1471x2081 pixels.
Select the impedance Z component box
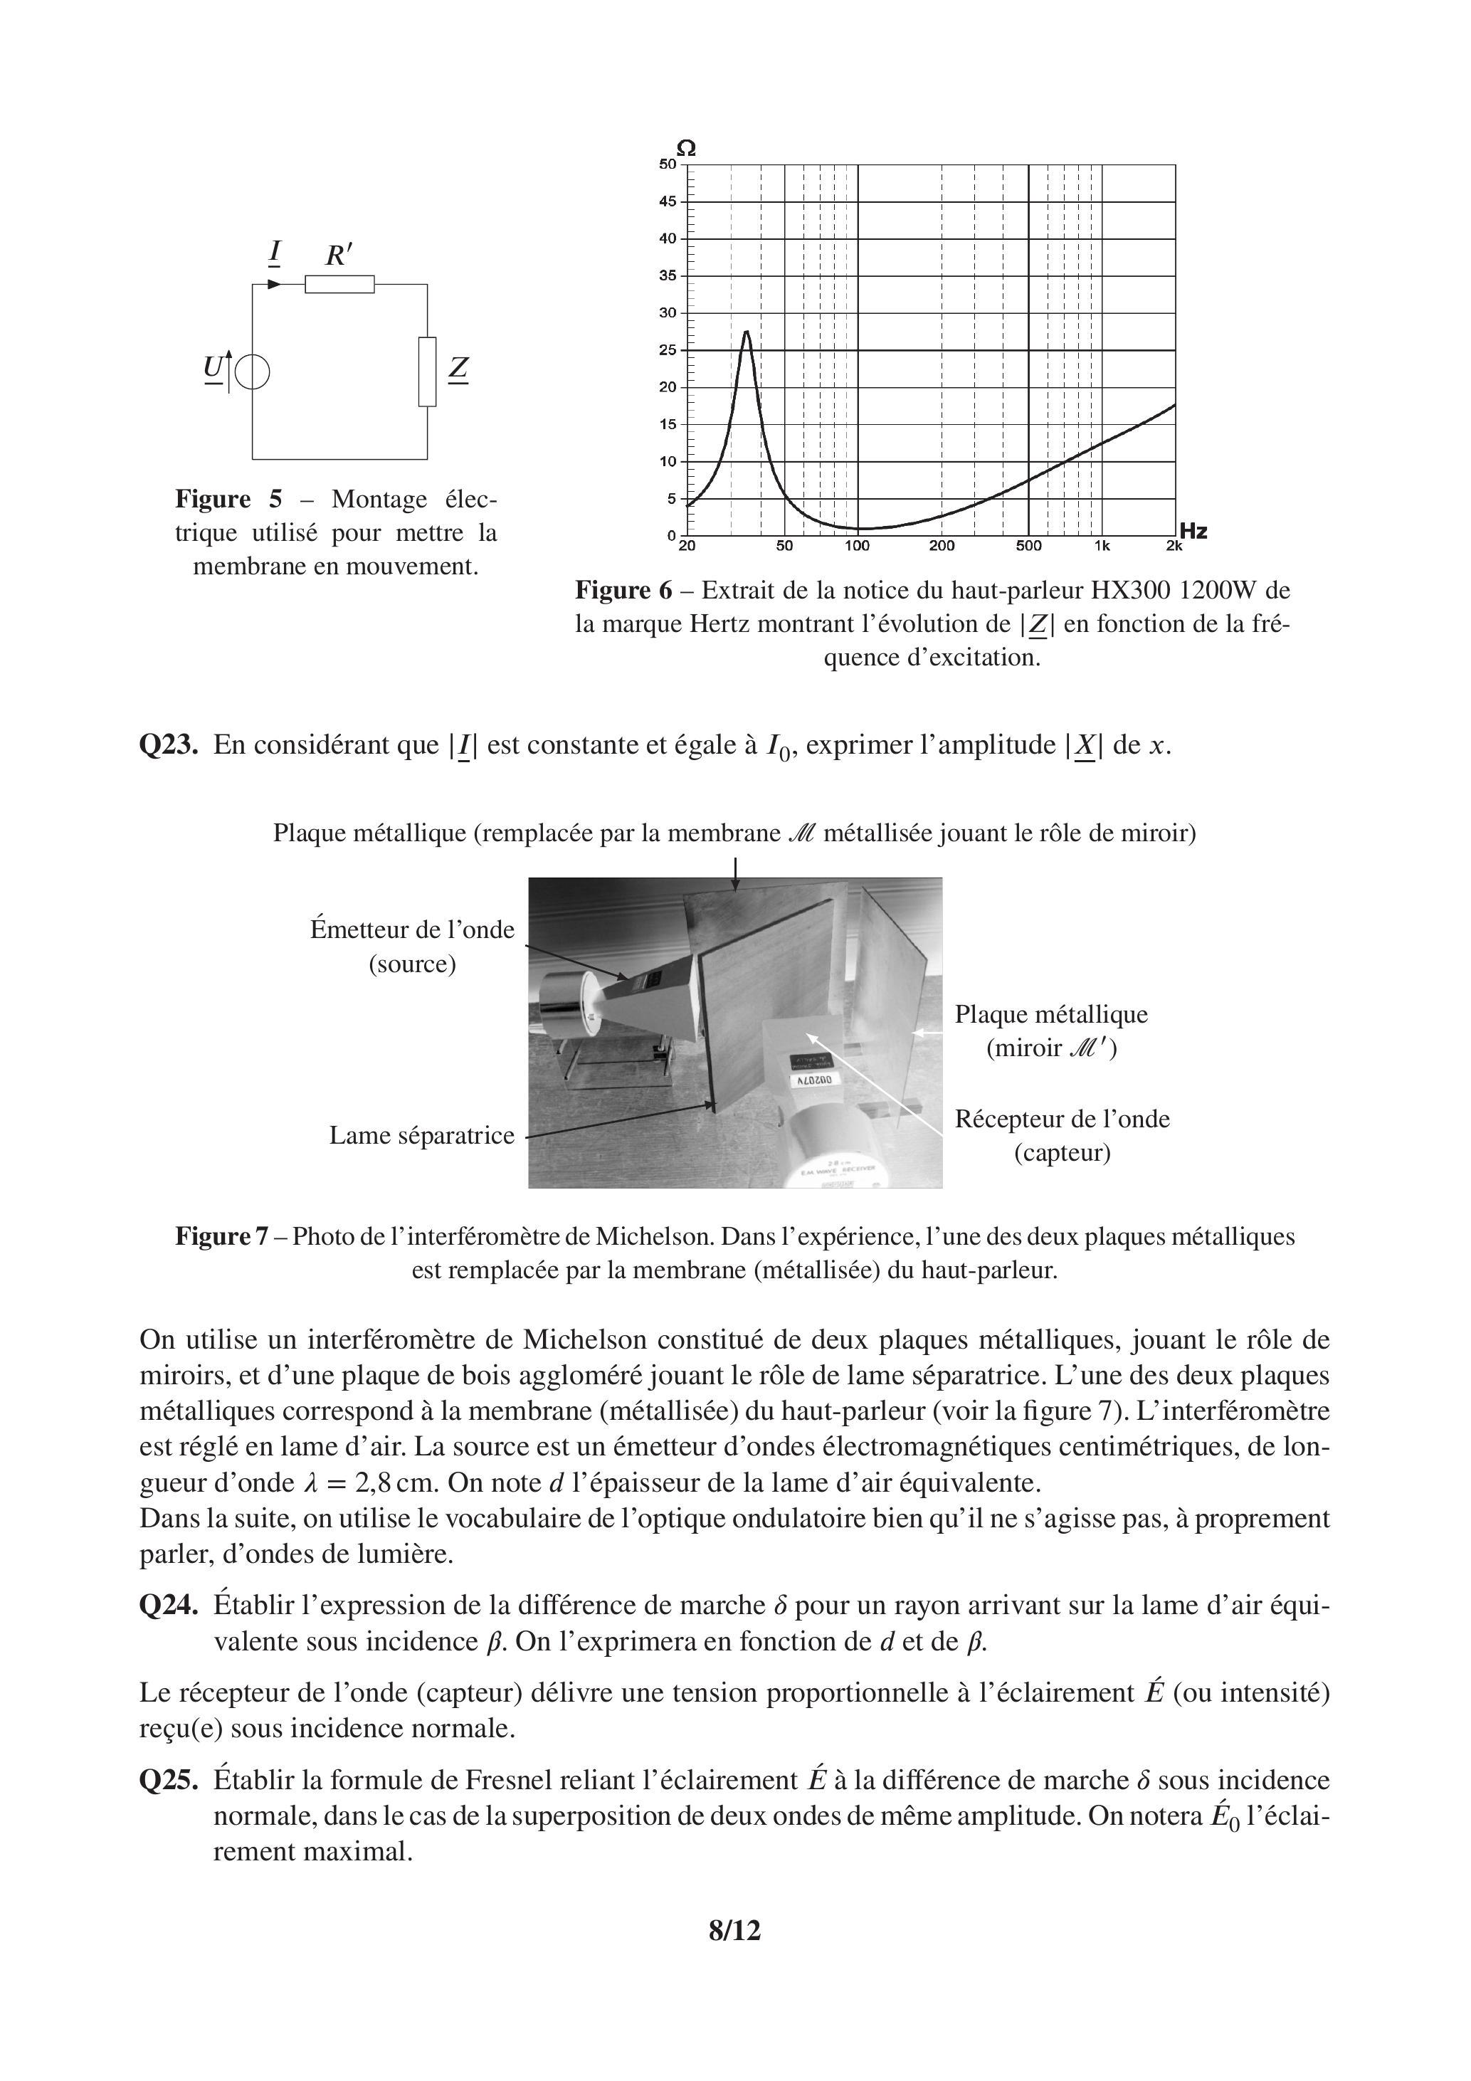(427, 372)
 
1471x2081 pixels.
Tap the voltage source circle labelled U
(252, 372)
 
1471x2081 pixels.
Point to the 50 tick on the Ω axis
(668, 164)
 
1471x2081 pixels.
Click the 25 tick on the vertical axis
(668, 350)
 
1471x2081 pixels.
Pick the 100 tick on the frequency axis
(858, 546)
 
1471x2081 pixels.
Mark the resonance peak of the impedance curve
(747, 332)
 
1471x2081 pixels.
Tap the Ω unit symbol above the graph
(687, 148)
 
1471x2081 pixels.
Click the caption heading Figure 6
(623, 591)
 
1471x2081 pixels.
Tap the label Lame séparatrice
(421, 1136)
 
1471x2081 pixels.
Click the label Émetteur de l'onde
(412, 930)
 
